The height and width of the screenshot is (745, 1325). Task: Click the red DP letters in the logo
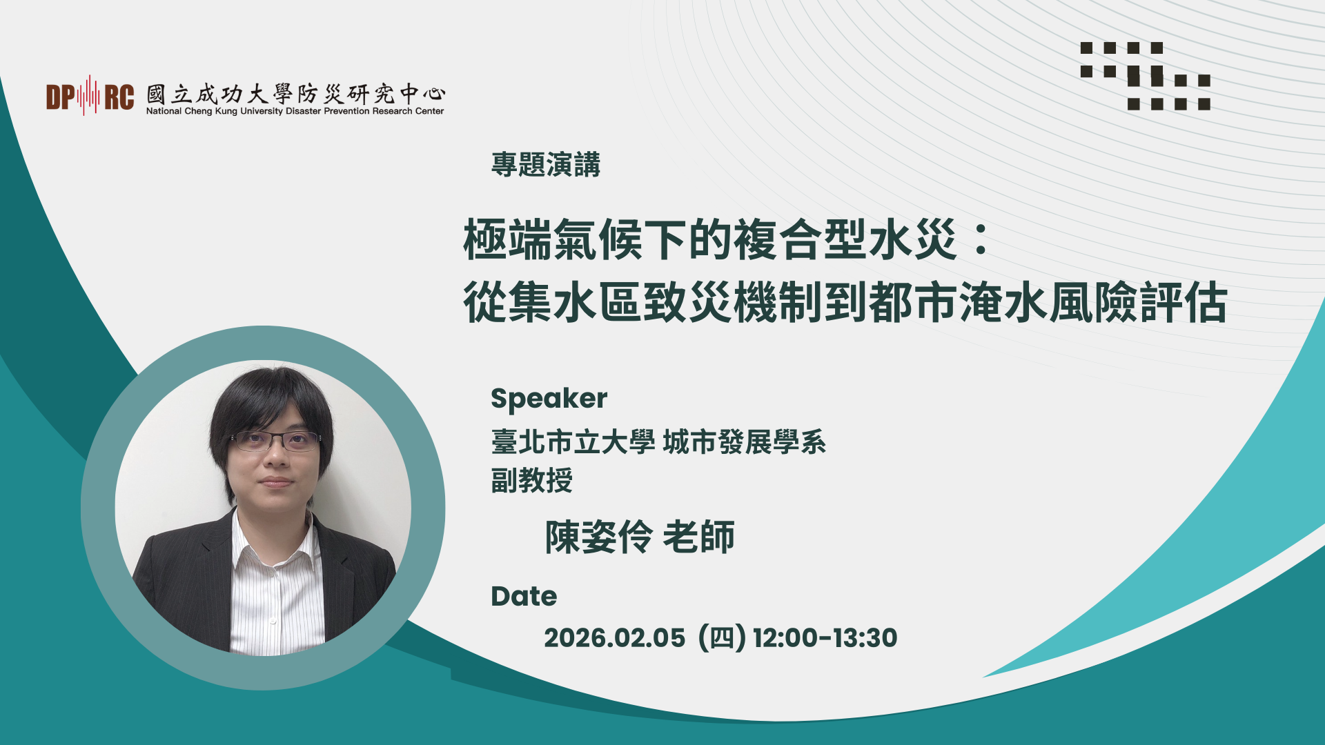pos(61,97)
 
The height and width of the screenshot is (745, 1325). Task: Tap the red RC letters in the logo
pos(119,97)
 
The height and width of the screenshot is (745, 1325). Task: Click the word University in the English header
pos(262,111)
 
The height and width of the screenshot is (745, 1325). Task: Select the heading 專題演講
pos(545,165)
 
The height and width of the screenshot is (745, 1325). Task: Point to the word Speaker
pos(549,399)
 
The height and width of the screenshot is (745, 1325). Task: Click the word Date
pos(523,597)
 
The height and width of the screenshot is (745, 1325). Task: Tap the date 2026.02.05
pos(614,638)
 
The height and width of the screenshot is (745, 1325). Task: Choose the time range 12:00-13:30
pos(825,638)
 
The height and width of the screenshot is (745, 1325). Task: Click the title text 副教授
pos(531,480)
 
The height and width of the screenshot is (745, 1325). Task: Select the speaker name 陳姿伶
pos(598,537)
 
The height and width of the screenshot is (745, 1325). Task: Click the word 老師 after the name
pos(698,537)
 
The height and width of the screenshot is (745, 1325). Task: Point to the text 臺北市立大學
pos(573,442)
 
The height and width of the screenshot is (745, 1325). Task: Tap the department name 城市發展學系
pos(744,442)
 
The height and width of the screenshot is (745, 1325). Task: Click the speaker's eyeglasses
pos(275,440)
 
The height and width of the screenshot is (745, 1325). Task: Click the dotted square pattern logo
pos(1145,76)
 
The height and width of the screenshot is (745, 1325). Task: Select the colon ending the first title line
pos(980,239)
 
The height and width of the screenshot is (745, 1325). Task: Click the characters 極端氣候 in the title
pos(552,239)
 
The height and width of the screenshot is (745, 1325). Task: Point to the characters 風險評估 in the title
pos(1139,302)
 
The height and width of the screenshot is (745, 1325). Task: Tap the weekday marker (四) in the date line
pos(722,638)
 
